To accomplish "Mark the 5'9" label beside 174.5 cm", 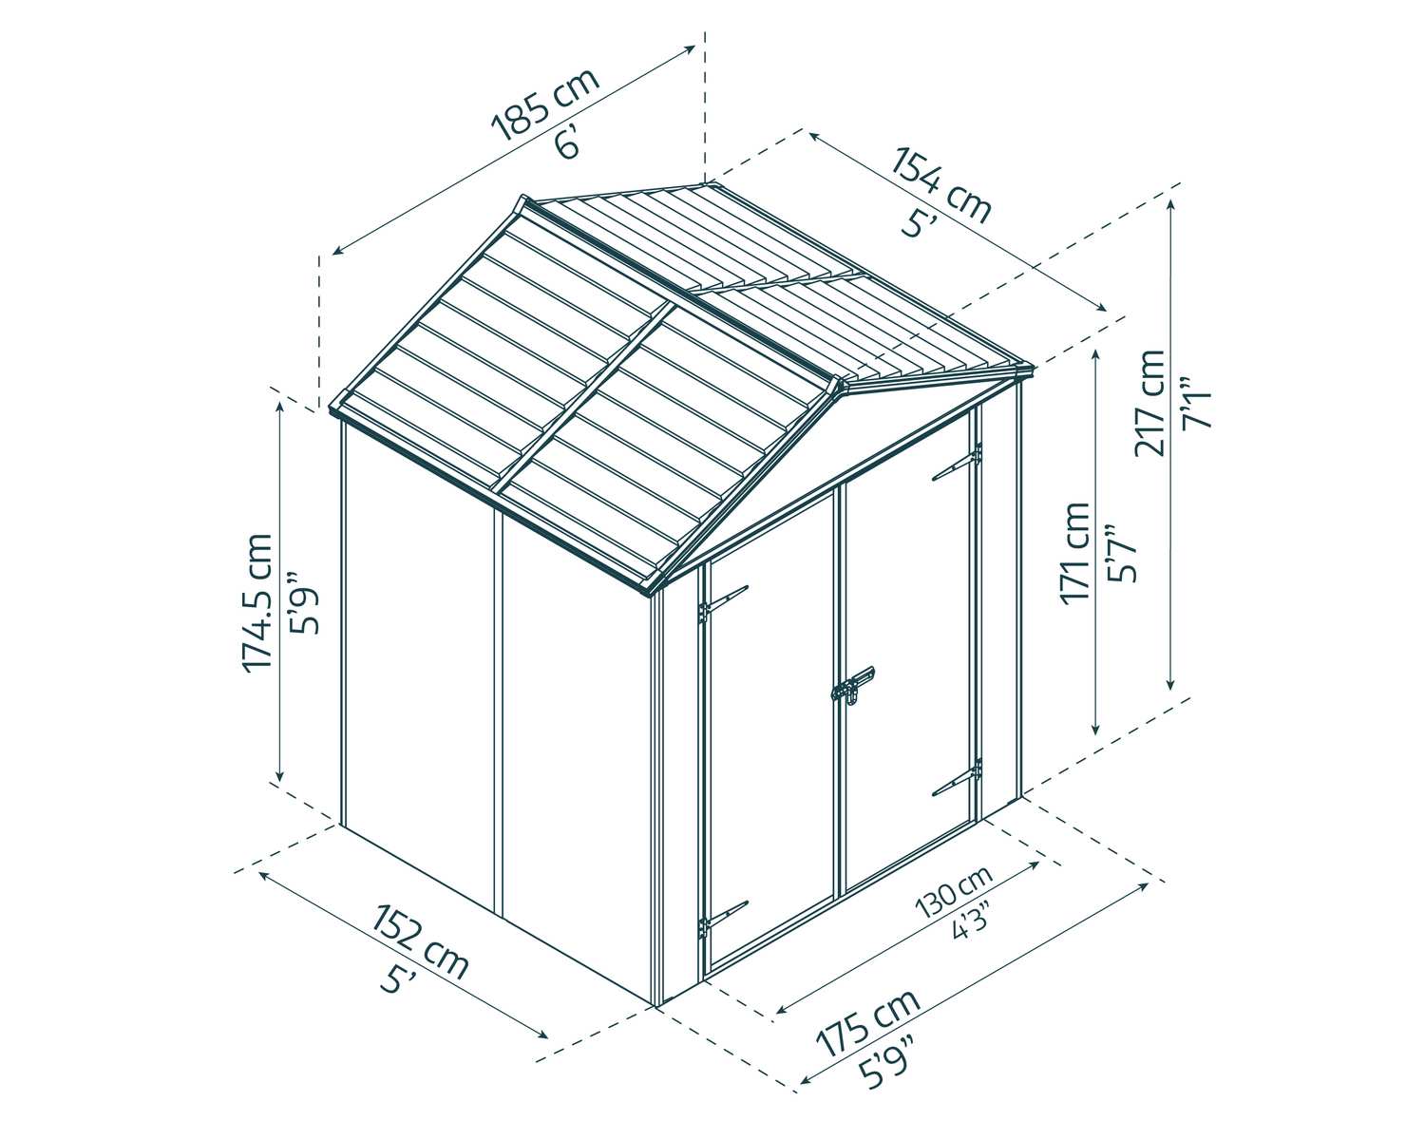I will click(x=304, y=602).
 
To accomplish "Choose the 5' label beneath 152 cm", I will click(x=391, y=980).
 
